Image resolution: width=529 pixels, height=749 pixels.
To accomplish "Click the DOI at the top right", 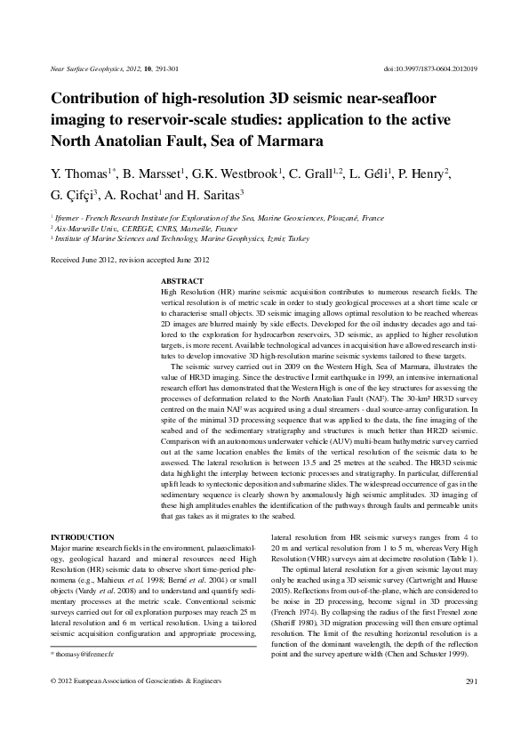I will coord(429,68).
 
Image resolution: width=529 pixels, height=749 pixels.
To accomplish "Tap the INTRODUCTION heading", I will coord(83,537).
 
